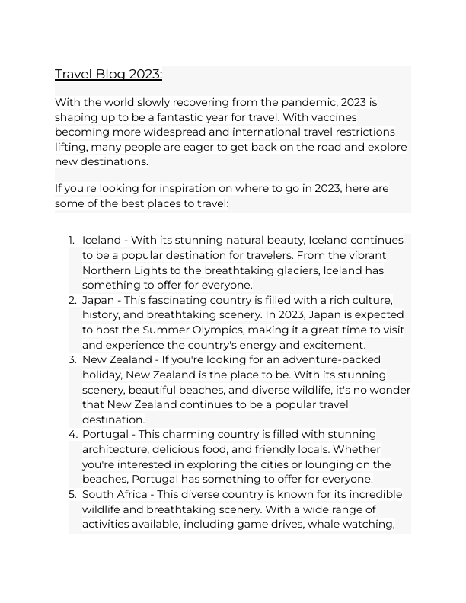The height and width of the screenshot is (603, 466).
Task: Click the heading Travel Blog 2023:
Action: point(108,74)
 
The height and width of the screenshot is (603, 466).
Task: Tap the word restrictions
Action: point(361,132)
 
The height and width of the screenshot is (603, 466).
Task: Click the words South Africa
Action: point(113,494)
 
